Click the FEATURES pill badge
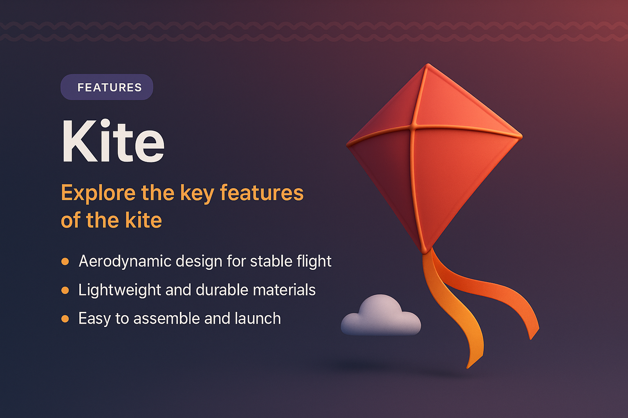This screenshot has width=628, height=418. pos(107,87)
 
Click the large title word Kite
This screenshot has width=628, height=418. pos(113,141)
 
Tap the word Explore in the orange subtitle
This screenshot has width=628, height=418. pos(98,193)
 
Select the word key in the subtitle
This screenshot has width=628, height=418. pos(197,193)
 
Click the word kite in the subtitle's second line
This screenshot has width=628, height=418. pos(143,220)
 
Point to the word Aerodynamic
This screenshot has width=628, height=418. pos(124,262)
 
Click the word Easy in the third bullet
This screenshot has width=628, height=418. pos(94,319)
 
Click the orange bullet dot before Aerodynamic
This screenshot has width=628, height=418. pos(65,261)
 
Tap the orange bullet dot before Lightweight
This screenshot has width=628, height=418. pos(65,290)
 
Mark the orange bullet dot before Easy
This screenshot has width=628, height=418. pos(65,318)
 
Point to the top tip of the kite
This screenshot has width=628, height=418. pos(428,65)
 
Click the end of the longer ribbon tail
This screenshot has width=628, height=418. pos(469,366)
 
